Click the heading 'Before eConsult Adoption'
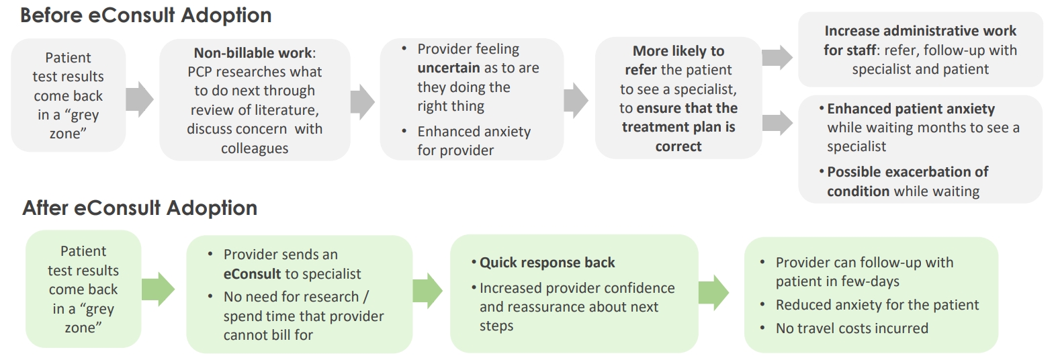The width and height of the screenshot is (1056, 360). point(146,15)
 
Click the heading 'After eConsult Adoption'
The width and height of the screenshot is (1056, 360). point(140,208)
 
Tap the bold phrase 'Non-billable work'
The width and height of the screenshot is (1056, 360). point(253,53)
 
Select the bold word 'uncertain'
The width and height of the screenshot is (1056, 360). point(448,68)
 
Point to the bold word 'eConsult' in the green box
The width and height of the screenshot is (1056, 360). point(252,274)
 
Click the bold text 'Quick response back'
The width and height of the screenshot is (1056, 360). point(547,263)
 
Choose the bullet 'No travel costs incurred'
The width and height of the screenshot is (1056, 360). point(852,328)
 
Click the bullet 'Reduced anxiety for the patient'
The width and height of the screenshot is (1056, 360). point(877,305)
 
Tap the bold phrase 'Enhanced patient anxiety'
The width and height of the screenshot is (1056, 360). point(911,109)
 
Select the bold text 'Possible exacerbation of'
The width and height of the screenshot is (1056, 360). point(908,171)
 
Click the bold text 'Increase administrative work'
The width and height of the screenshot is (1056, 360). point(920,31)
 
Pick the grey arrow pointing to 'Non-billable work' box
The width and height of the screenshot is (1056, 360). point(140,99)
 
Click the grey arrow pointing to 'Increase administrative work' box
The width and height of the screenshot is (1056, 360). point(777,58)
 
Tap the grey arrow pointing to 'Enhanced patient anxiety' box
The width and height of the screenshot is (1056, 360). point(777,123)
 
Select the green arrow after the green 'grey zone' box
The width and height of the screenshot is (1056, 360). point(158,289)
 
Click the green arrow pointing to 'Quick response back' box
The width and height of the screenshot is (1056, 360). point(427,291)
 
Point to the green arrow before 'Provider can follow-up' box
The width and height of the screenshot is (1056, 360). point(713,293)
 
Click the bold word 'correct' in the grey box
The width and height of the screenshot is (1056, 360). point(678,146)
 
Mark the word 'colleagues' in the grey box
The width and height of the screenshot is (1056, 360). point(255,148)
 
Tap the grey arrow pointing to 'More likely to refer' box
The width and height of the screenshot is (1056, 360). point(576,100)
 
